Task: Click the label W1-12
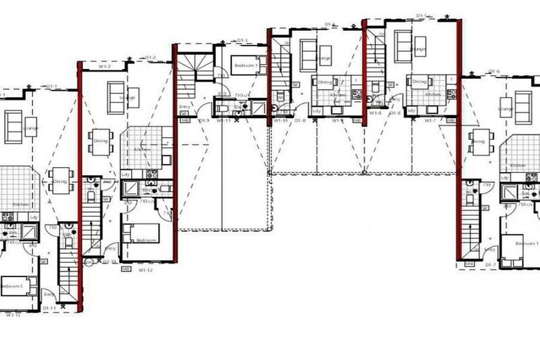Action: pos(146,269)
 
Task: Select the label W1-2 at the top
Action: pos(105,67)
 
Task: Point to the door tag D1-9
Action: pos(205,120)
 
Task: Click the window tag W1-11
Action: pos(224,120)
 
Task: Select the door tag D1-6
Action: pos(494,71)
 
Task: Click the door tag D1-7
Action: pos(490,264)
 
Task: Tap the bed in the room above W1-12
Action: pos(140,233)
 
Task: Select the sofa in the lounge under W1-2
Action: pos(117,93)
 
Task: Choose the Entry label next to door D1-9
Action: pos(185,107)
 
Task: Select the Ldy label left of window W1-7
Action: pos(410,111)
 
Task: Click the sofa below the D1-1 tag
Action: pos(15,127)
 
